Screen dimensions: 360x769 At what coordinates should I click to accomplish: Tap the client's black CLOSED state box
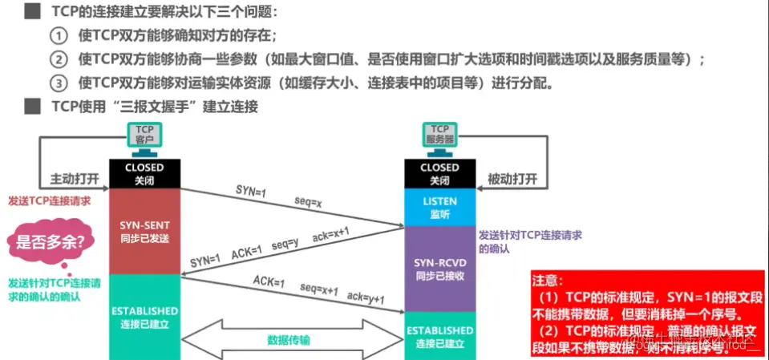pyautogui.click(x=144, y=173)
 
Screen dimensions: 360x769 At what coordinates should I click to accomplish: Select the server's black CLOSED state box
pyautogui.click(x=439, y=173)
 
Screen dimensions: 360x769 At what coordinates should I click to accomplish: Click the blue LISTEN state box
pyautogui.click(x=439, y=208)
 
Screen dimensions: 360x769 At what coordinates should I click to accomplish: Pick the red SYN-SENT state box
pyautogui.click(x=144, y=233)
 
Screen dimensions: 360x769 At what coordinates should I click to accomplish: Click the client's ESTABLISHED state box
pyautogui.click(x=144, y=316)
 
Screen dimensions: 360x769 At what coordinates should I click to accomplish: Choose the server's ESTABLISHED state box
pyautogui.click(x=439, y=336)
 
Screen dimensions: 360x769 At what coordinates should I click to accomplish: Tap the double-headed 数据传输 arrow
pyautogui.click(x=289, y=339)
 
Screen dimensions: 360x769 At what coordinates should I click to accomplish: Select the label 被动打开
pyautogui.click(x=512, y=179)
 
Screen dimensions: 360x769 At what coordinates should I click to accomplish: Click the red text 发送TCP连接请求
pyautogui.click(x=49, y=200)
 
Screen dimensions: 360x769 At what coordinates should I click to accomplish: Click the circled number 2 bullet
pyautogui.click(x=58, y=59)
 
